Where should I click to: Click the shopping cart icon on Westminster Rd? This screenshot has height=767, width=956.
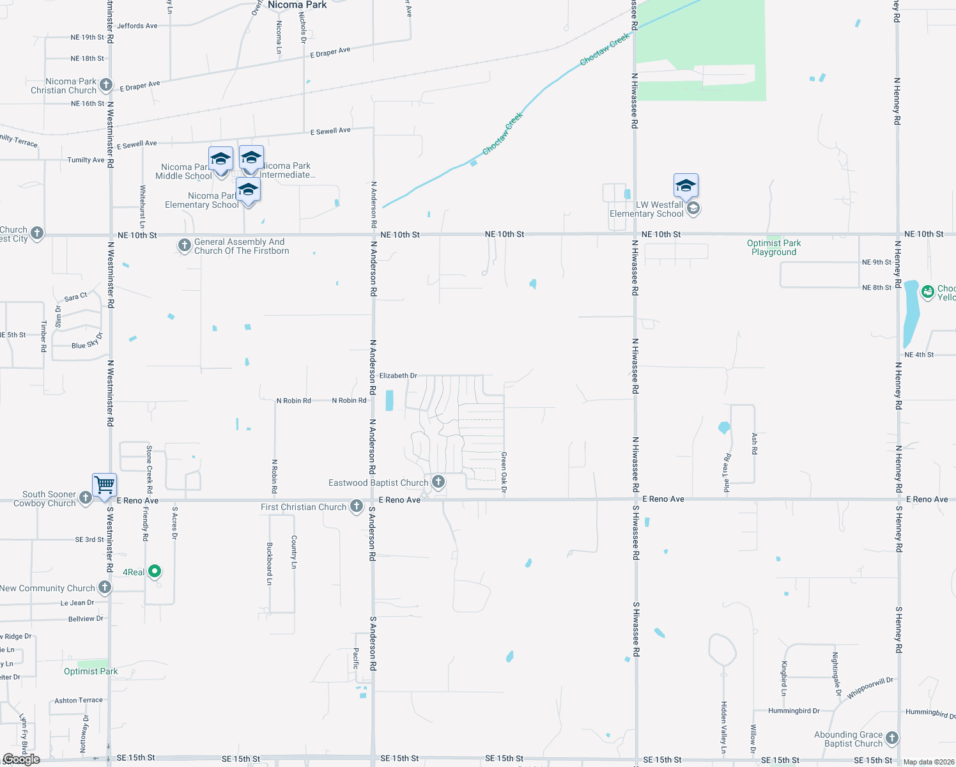point(104,484)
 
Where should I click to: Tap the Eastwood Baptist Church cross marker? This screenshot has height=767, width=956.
point(438,481)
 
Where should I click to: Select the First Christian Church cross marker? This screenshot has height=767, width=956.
point(357,507)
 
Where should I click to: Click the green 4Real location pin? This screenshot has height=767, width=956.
point(155,571)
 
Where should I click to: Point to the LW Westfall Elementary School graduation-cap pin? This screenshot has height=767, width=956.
point(686,186)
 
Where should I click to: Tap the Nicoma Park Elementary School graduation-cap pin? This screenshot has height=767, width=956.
point(248,190)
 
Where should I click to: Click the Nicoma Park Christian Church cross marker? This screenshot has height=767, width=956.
point(106,85)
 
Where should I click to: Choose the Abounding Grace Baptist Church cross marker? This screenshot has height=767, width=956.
point(891,738)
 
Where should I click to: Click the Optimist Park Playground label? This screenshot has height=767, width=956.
point(774,247)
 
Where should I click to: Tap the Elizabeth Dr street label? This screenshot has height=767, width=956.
point(398,376)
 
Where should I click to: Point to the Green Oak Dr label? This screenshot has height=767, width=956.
point(504,472)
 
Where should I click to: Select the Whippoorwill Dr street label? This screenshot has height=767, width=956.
point(870,688)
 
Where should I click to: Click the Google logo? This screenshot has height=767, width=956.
point(21,759)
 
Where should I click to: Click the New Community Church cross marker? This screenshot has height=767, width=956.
point(105,587)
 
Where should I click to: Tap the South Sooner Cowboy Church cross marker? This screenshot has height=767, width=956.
point(85,498)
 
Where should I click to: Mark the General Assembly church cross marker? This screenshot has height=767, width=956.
point(184,245)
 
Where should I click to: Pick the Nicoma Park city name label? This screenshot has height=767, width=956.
point(297,5)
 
